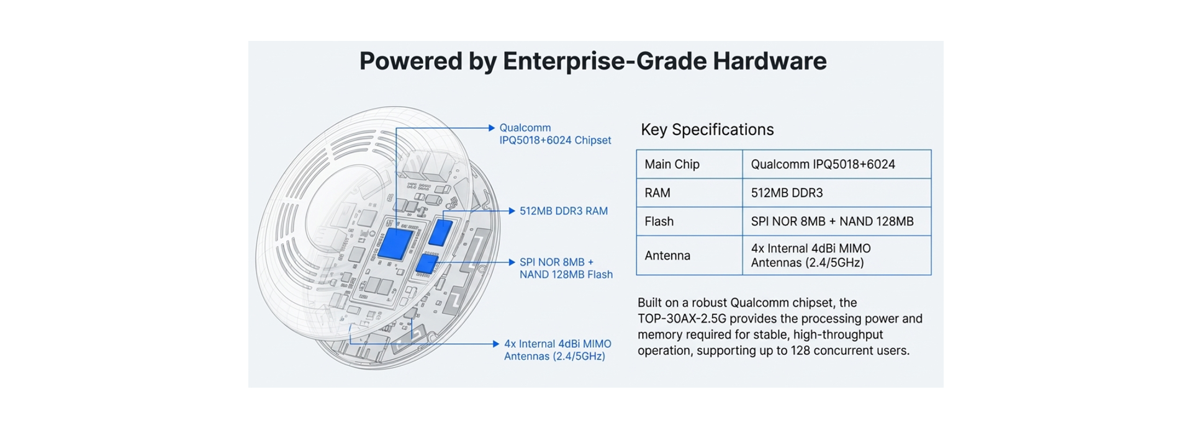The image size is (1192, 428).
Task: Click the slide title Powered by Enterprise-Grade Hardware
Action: point(592,61)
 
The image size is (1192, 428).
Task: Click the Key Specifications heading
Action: point(707,130)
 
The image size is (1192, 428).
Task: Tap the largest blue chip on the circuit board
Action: point(394,243)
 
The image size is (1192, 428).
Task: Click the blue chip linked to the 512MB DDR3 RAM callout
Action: point(440,232)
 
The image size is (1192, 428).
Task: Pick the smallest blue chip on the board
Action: point(427,264)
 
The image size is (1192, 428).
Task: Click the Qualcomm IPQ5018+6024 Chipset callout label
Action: point(555,134)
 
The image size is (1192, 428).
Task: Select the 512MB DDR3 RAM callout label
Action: point(563,211)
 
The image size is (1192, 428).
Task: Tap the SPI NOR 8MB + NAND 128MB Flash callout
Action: point(566,268)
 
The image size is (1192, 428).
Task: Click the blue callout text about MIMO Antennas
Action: point(557,350)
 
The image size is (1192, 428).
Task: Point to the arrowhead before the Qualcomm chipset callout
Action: point(492,128)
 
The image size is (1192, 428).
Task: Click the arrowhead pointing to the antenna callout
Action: point(496,344)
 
